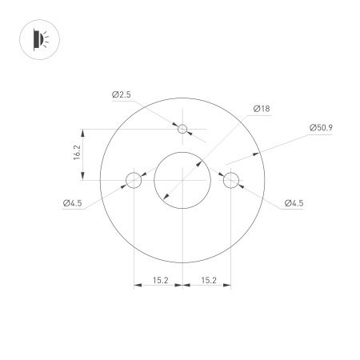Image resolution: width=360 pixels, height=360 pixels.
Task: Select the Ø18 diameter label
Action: pos(260,108)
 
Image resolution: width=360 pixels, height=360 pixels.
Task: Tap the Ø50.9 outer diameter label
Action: pos(320,127)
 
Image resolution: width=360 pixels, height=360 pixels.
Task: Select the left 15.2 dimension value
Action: pos(158,280)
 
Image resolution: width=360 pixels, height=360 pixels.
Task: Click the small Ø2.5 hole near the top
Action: pos(182,129)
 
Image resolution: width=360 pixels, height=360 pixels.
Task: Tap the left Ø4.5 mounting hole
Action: pos(133,180)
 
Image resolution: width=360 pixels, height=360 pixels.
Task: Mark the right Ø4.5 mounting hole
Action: pos(231,180)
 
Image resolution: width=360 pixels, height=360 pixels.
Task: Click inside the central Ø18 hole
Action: pos(182,180)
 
